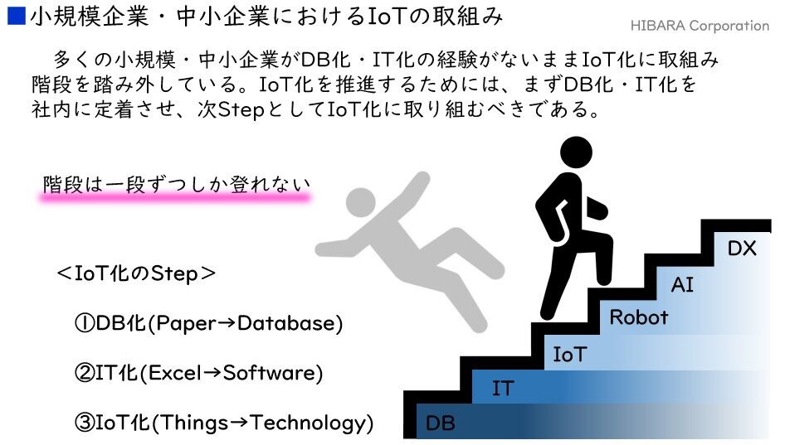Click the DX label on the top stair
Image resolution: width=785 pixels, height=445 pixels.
tap(742, 248)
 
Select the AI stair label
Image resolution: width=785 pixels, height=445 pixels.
tap(682, 285)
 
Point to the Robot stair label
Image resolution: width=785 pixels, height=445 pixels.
tap(638, 317)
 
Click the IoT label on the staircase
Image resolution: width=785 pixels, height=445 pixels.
tap(569, 356)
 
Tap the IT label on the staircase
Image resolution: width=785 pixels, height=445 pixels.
tap(502, 388)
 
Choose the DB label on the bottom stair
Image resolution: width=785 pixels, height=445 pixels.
tap(440, 423)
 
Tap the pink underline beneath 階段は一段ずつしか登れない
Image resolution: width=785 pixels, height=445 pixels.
tap(176, 199)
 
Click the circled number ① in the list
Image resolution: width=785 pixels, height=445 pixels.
tap(84, 324)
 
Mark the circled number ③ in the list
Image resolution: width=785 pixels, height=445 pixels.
tap(84, 423)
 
